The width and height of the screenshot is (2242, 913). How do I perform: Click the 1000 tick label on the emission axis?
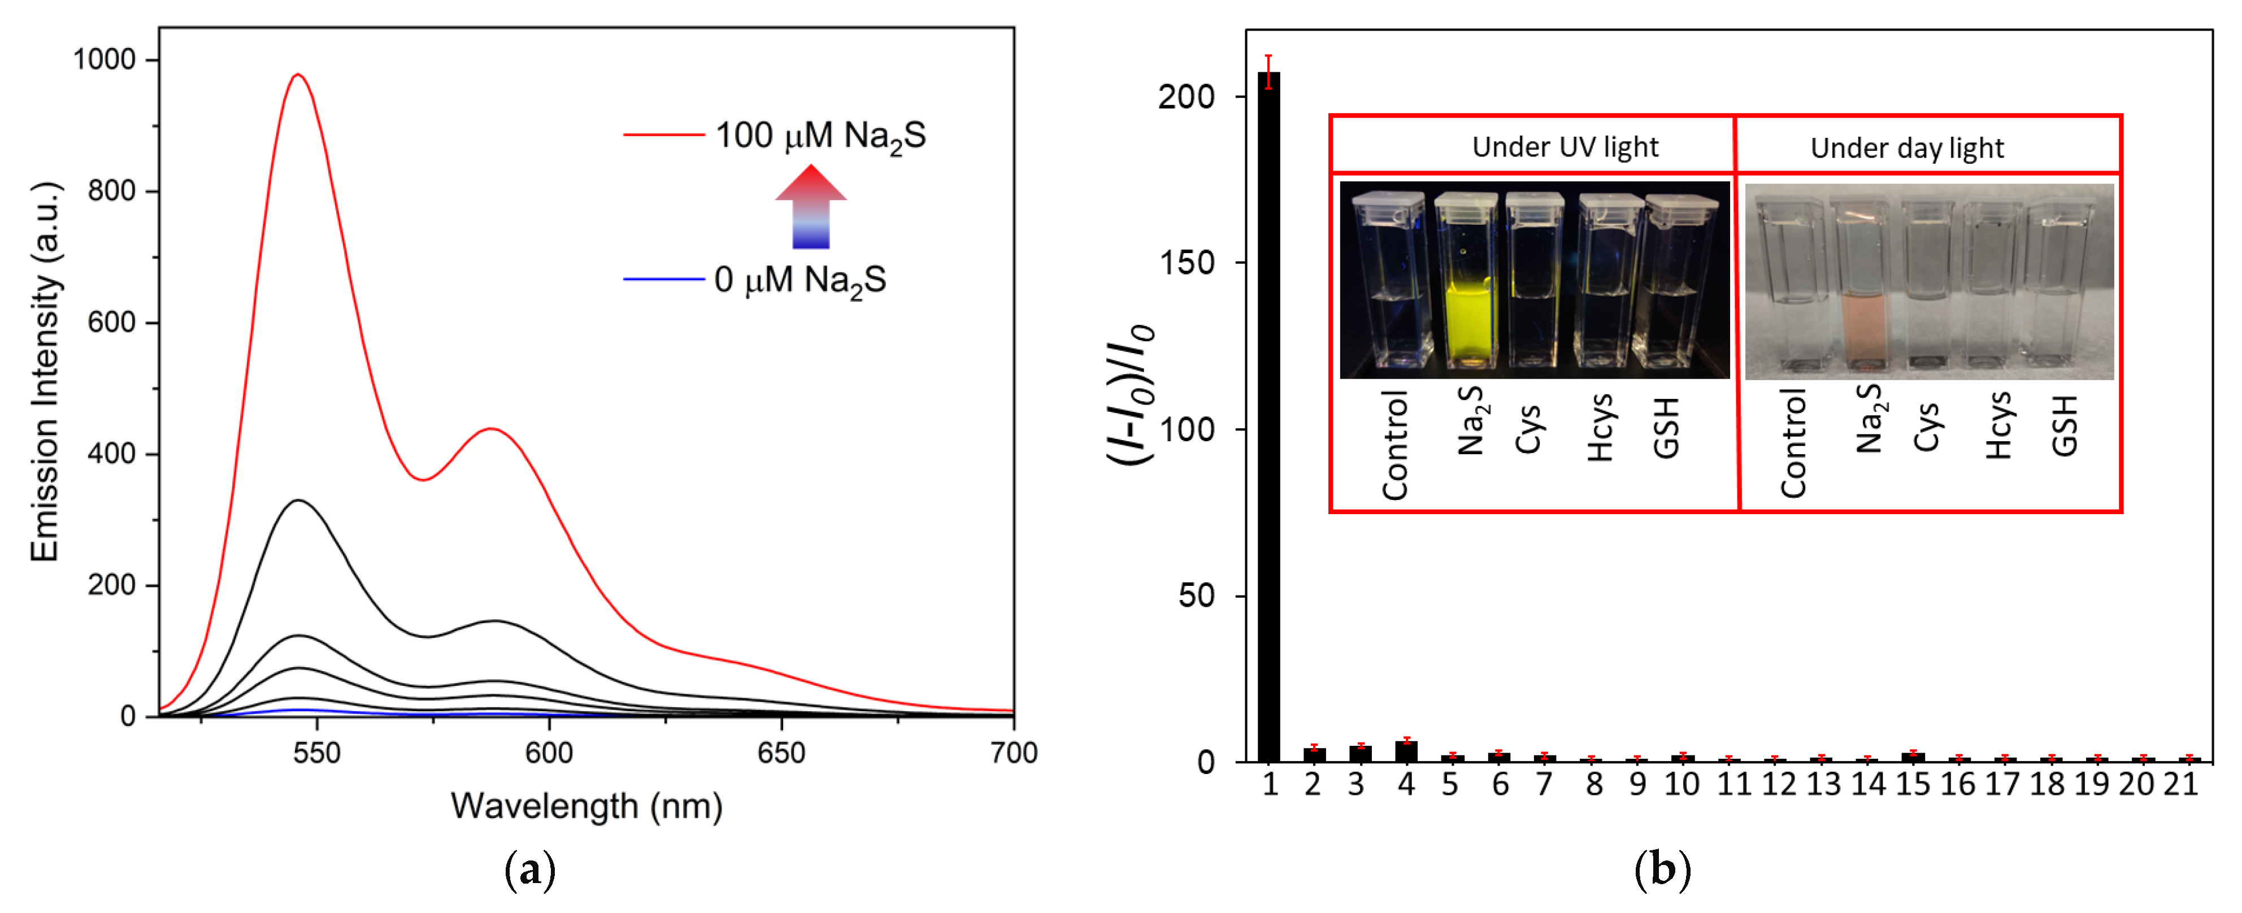coord(105,59)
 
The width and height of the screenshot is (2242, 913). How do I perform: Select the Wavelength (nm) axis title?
coord(586,806)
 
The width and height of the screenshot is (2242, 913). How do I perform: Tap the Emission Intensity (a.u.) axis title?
coord(45,372)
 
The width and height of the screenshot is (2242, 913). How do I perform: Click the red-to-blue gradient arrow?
coord(810,207)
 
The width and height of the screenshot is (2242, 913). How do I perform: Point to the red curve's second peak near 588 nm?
coord(492,428)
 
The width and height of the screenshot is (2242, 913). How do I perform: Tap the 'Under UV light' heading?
coord(1565,147)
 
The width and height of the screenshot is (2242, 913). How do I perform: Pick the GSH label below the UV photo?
coord(1666,427)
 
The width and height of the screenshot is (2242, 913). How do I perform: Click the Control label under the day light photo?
coord(1793,444)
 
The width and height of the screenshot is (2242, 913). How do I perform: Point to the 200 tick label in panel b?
coord(1185,97)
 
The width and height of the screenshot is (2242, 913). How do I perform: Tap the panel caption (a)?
coord(529,871)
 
